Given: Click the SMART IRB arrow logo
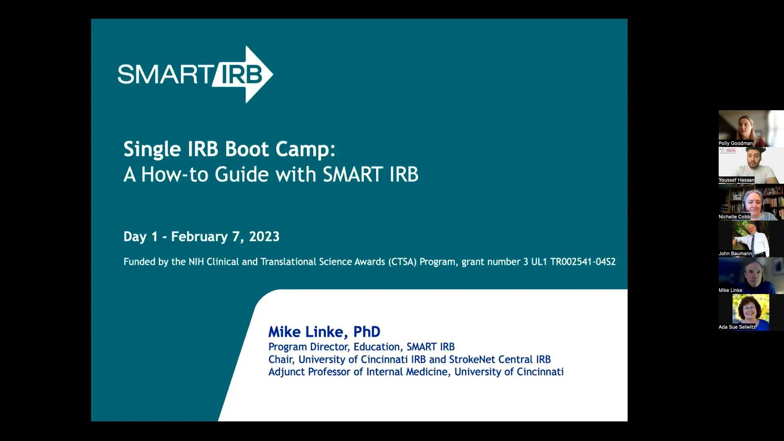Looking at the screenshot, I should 195,74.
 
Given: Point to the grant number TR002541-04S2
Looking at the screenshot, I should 583,262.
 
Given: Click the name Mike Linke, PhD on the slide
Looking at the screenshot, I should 324,332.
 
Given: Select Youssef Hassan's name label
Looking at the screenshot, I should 736,180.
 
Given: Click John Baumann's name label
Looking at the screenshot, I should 735,254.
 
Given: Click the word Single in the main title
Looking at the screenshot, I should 152,149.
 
